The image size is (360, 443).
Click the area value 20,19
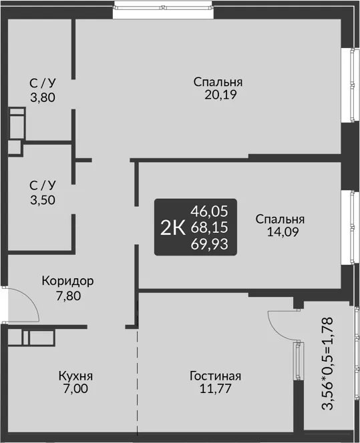click(220, 95)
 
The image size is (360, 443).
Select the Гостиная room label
click(216, 376)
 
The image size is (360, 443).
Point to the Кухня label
click(75, 376)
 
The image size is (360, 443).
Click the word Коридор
click(67, 282)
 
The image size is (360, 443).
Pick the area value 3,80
click(43, 98)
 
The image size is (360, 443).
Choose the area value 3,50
click(43, 200)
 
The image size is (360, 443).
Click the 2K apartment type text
click(173, 228)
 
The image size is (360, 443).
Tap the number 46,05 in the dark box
click(209, 211)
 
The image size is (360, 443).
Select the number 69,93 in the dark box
click(209, 244)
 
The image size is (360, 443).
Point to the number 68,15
click(209, 228)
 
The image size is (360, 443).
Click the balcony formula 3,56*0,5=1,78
click(328, 364)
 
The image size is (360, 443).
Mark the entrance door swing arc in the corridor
click(33, 299)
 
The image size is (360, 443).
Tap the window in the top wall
click(163, 8)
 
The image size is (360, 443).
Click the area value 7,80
click(68, 296)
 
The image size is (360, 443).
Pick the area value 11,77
click(216, 389)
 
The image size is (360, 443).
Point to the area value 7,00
click(75, 389)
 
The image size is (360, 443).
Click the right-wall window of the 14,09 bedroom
click(352, 227)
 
